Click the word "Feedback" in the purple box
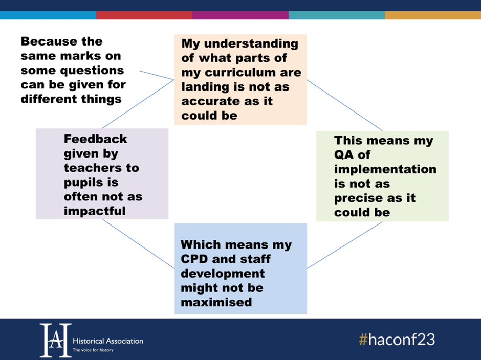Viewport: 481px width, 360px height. tap(95, 139)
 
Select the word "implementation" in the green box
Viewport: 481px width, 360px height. tap(385, 170)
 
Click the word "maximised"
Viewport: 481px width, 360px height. tap(216, 302)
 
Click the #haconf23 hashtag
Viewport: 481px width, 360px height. tap(397, 340)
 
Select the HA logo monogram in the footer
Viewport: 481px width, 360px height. tap(56, 340)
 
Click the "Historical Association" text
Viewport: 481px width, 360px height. tap(108, 341)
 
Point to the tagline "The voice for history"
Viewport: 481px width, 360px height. tap(93, 350)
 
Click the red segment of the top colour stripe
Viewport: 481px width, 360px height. tap(144, 15)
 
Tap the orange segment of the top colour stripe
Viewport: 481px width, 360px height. tap(433, 15)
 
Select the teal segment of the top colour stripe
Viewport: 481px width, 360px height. tap(337, 15)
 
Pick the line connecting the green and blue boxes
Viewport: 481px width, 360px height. tap(345, 245)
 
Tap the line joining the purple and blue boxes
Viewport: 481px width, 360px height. tap(138, 244)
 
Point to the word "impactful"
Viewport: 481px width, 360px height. tap(95, 211)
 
